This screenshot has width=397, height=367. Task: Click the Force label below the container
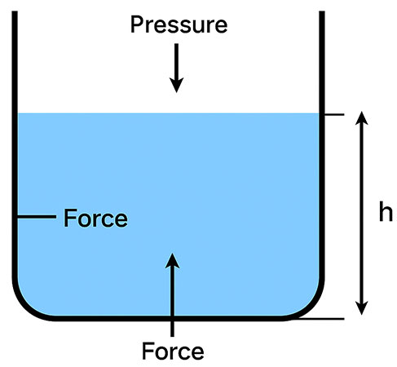[x=173, y=352]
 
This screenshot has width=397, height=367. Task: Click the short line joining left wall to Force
[x=37, y=218]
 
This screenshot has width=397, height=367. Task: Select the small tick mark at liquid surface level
[x=333, y=114]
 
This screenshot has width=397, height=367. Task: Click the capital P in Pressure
[x=137, y=25]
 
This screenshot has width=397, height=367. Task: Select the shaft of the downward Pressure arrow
[x=176, y=61]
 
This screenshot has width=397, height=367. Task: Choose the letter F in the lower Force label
[x=148, y=352]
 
